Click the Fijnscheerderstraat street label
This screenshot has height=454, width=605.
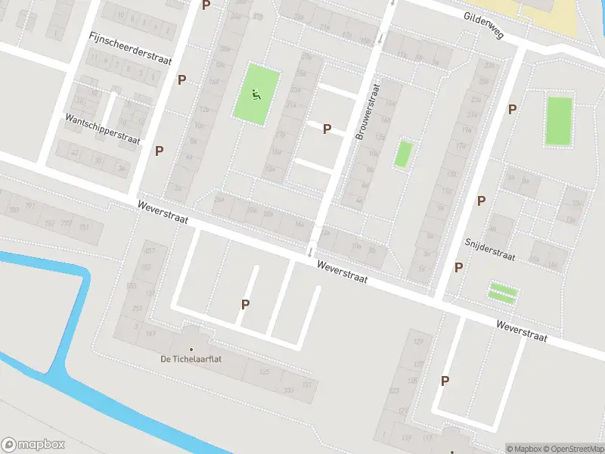point(130,48)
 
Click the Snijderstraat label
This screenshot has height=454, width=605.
point(489,249)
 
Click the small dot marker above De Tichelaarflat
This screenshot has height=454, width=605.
point(191,328)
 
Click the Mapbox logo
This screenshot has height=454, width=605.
point(33,445)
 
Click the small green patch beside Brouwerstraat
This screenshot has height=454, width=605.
point(404,154)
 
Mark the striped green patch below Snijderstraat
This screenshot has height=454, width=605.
point(503,292)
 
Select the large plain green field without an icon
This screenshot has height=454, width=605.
point(559,120)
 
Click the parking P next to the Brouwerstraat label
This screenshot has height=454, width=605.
point(327,129)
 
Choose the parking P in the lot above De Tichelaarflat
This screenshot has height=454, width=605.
point(245,305)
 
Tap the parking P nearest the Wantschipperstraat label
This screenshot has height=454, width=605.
point(159,151)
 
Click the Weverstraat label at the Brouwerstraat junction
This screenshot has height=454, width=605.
point(342,272)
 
